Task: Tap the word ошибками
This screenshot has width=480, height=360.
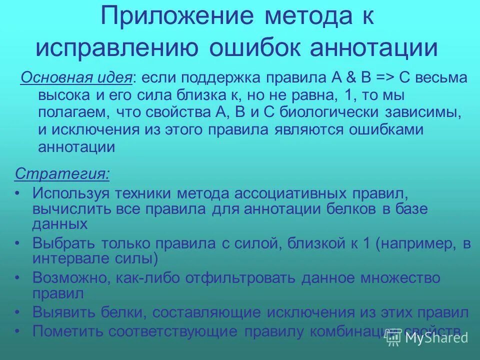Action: coord(380,129)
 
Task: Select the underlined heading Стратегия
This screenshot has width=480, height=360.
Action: coord(63,173)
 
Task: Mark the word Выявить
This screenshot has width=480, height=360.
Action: coord(63,313)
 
